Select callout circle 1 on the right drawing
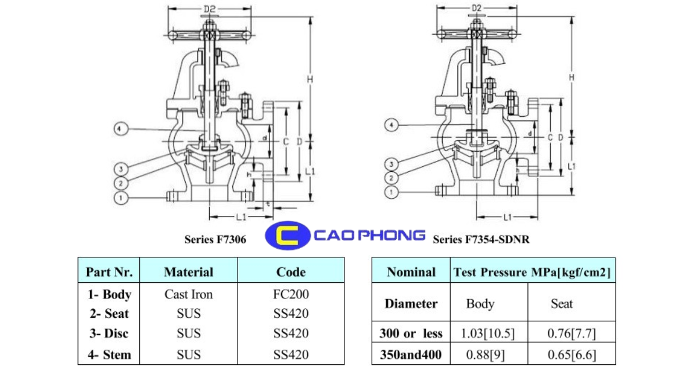tap(393, 191)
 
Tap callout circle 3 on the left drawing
tap(121, 169)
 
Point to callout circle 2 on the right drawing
tap(393, 177)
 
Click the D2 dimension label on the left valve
tap(210, 9)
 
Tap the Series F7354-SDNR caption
tap(481, 239)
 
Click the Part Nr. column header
tap(109, 271)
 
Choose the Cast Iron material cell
tap(189, 295)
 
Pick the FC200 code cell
tap(290, 295)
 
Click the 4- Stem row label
tap(109, 354)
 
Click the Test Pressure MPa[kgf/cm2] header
tap(532, 271)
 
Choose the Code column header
tap(290, 271)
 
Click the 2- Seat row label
tap(109, 314)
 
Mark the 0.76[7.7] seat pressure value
tap(572, 334)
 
